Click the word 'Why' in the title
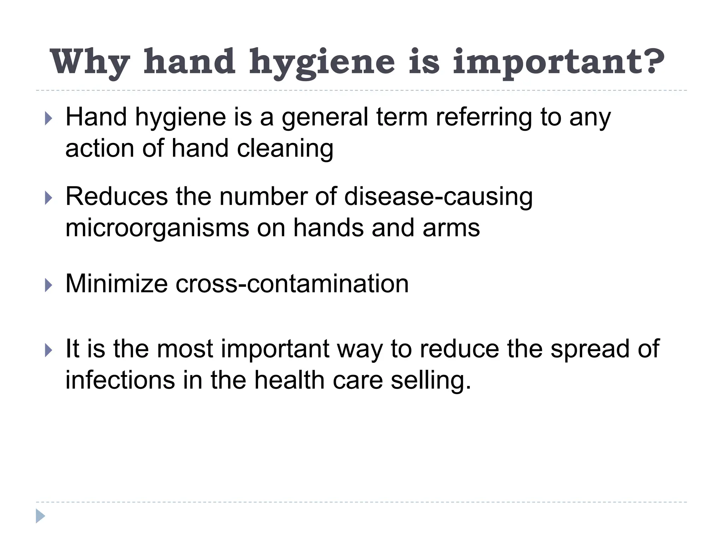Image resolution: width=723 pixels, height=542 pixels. click(x=90, y=62)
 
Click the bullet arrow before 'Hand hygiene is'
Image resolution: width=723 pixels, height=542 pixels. click(x=49, y=119)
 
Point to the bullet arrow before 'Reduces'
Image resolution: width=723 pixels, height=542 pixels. click(x=49, y=198)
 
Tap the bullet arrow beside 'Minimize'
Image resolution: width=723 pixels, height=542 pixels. click(x=49, y=285)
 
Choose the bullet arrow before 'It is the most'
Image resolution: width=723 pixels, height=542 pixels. click(x=49, y=350)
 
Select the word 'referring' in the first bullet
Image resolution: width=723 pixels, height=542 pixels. click(x=484, y=118)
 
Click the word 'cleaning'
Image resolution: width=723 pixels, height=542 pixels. click(x=285, y=149)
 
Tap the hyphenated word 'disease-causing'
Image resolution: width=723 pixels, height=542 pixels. click(x=438, y=197)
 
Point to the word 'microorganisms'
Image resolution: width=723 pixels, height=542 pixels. click(x=157, y=228)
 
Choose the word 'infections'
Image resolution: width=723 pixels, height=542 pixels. click(x=120, y=380)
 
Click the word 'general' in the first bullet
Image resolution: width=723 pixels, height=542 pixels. click(x=325, y=118)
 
